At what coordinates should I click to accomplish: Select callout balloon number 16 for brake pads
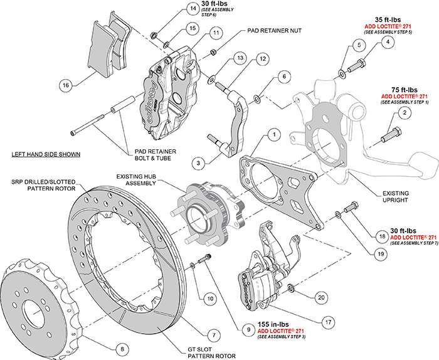tap(65, 83)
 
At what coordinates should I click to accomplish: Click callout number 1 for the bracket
tap(273, 134)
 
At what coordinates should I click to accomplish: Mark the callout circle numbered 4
tap(388, 43)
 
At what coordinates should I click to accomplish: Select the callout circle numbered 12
tap(263, 58)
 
